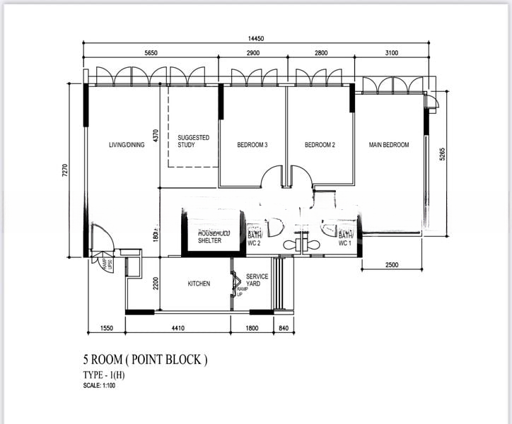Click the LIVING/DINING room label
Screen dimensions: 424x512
tap(127, 145)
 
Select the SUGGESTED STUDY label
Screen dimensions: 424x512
tap(193, 141)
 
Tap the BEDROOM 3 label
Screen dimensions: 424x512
tap(252, 145)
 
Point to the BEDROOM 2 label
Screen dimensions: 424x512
tap(320, 145)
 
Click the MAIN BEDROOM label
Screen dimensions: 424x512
tap(389, 145)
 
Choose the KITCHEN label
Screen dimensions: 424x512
tap(199, 284)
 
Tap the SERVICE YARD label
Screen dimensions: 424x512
tap(257, 281)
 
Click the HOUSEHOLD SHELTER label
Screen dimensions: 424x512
tap(209, 237)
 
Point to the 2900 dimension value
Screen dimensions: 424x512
tap(255, 53)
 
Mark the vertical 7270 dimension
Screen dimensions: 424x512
tap(64, 170)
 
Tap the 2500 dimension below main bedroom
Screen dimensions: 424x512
tap(392, 264)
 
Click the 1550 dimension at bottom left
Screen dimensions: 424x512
tap(107, 327)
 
